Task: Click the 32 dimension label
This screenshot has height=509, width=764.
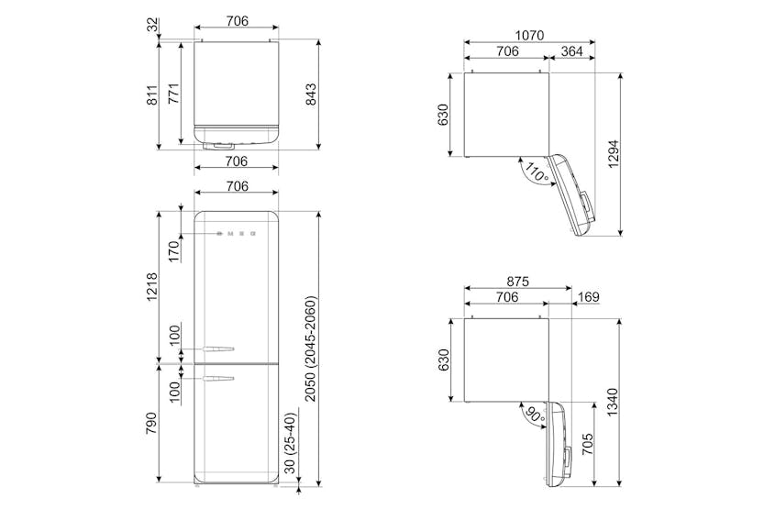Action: (153, 25)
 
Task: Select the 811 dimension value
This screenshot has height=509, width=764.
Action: (152, 95)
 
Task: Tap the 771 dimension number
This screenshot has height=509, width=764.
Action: (174, 94)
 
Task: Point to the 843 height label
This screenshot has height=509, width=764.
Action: (310, 94)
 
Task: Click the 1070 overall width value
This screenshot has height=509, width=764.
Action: (529, 36)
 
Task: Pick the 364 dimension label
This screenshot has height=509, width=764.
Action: (572, 50)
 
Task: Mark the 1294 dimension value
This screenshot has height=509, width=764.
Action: (613, 154)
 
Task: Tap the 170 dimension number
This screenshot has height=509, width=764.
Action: (174, 251)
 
